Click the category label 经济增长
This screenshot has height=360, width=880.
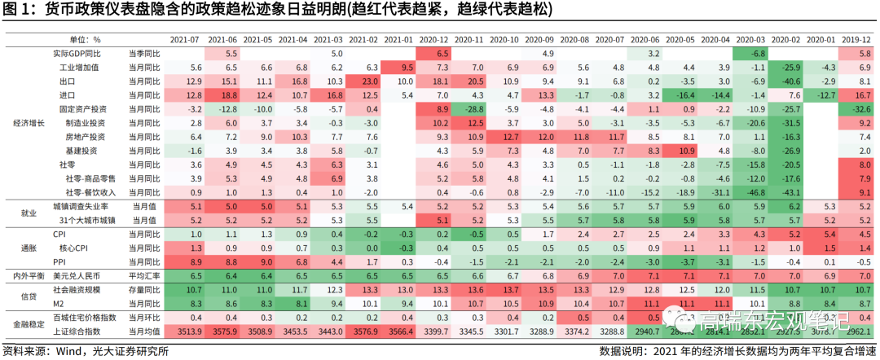[x=28, y=122]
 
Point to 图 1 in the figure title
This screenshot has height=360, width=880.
[x=17, y=10]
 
